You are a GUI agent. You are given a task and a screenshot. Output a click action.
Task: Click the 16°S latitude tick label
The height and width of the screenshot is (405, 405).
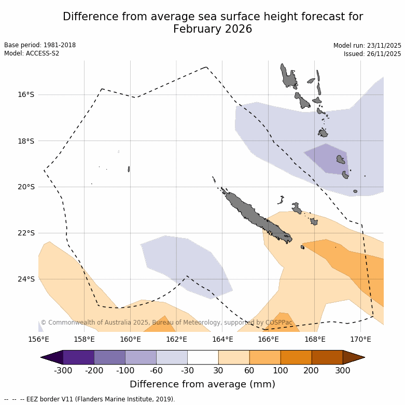click(x=26, y=95)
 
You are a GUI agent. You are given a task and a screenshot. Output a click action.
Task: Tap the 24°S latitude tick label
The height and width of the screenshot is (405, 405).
click(x=26, y=279)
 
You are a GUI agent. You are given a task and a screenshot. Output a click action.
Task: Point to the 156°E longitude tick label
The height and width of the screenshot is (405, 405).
click(x=38, y=340)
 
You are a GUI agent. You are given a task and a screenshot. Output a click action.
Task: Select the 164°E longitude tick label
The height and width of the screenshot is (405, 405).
click(x=222, y=340)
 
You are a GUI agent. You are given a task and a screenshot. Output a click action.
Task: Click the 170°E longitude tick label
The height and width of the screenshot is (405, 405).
click(x=360, y=340)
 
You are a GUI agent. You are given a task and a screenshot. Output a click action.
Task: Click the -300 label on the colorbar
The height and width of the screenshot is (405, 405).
click(x=63, y=371)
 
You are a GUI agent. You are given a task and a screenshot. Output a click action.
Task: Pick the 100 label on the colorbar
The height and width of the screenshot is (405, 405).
click(x=281, y=371)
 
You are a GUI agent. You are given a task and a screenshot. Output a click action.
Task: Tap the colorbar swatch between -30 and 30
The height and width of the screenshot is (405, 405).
click(x=203, y=357)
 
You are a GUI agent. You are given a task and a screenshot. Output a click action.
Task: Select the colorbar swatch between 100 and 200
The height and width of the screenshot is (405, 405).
click(x=296, y=357)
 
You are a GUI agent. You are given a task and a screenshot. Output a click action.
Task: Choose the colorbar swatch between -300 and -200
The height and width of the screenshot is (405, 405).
click(x=78, y=357)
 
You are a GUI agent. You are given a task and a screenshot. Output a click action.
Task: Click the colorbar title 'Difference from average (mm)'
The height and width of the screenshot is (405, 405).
click(x=202, y=384)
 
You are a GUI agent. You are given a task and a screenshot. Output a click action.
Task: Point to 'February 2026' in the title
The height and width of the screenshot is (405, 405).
click(x=213, y=29)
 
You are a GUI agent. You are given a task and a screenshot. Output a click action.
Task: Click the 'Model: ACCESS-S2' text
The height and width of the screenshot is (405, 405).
click(x=32, y=53)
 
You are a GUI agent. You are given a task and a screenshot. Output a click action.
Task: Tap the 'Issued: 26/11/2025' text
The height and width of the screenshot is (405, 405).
click(x=372, y=54)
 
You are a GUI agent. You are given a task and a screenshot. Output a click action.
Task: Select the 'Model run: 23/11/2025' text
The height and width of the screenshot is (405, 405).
click(x=367, y=46)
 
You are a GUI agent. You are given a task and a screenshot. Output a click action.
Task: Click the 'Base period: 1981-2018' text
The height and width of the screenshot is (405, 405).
click(x=40, y=45)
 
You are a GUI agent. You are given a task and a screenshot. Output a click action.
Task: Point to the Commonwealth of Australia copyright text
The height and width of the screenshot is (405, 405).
click(x=166, y=323)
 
